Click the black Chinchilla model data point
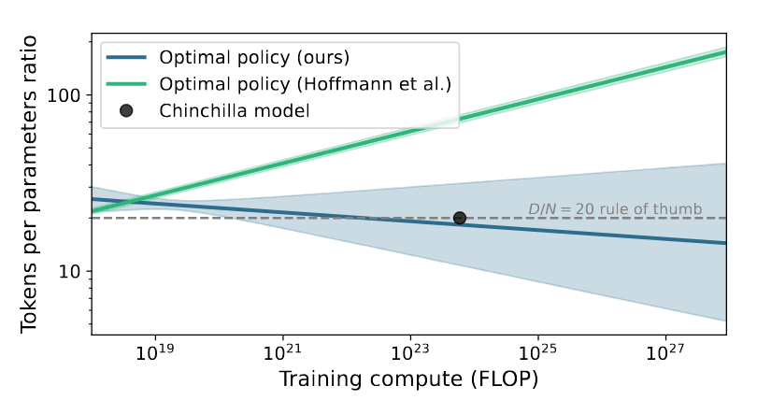tap(460, 218)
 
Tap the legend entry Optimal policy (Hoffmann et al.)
tap(306, 84)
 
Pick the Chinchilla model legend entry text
tap(235, 110)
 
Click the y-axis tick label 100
tap(68, 95)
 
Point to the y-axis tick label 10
tap(73, 272)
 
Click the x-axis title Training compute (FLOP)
tap(408, 381)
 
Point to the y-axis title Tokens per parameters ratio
tap(30, 184)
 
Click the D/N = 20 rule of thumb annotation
tap(614, 208)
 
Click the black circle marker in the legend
tap(126, 110)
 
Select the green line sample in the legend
tap(126, 84)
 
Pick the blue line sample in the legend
tap(126, 57)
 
